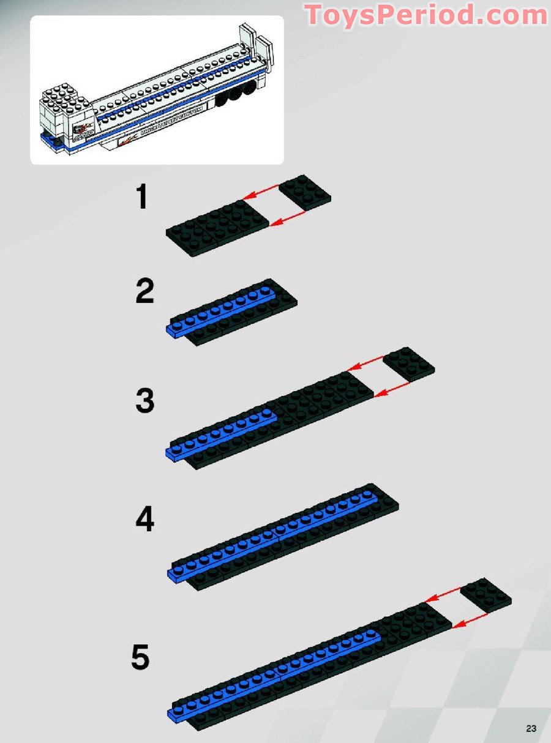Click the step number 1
[x=142, y=198]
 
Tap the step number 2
[x=145, y=292]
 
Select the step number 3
[x=145, y=402]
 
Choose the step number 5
[x=140, y=659]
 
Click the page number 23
[x=530, y=728]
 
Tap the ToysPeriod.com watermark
[x=426, y=15]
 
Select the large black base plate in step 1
[x=217, y=227]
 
